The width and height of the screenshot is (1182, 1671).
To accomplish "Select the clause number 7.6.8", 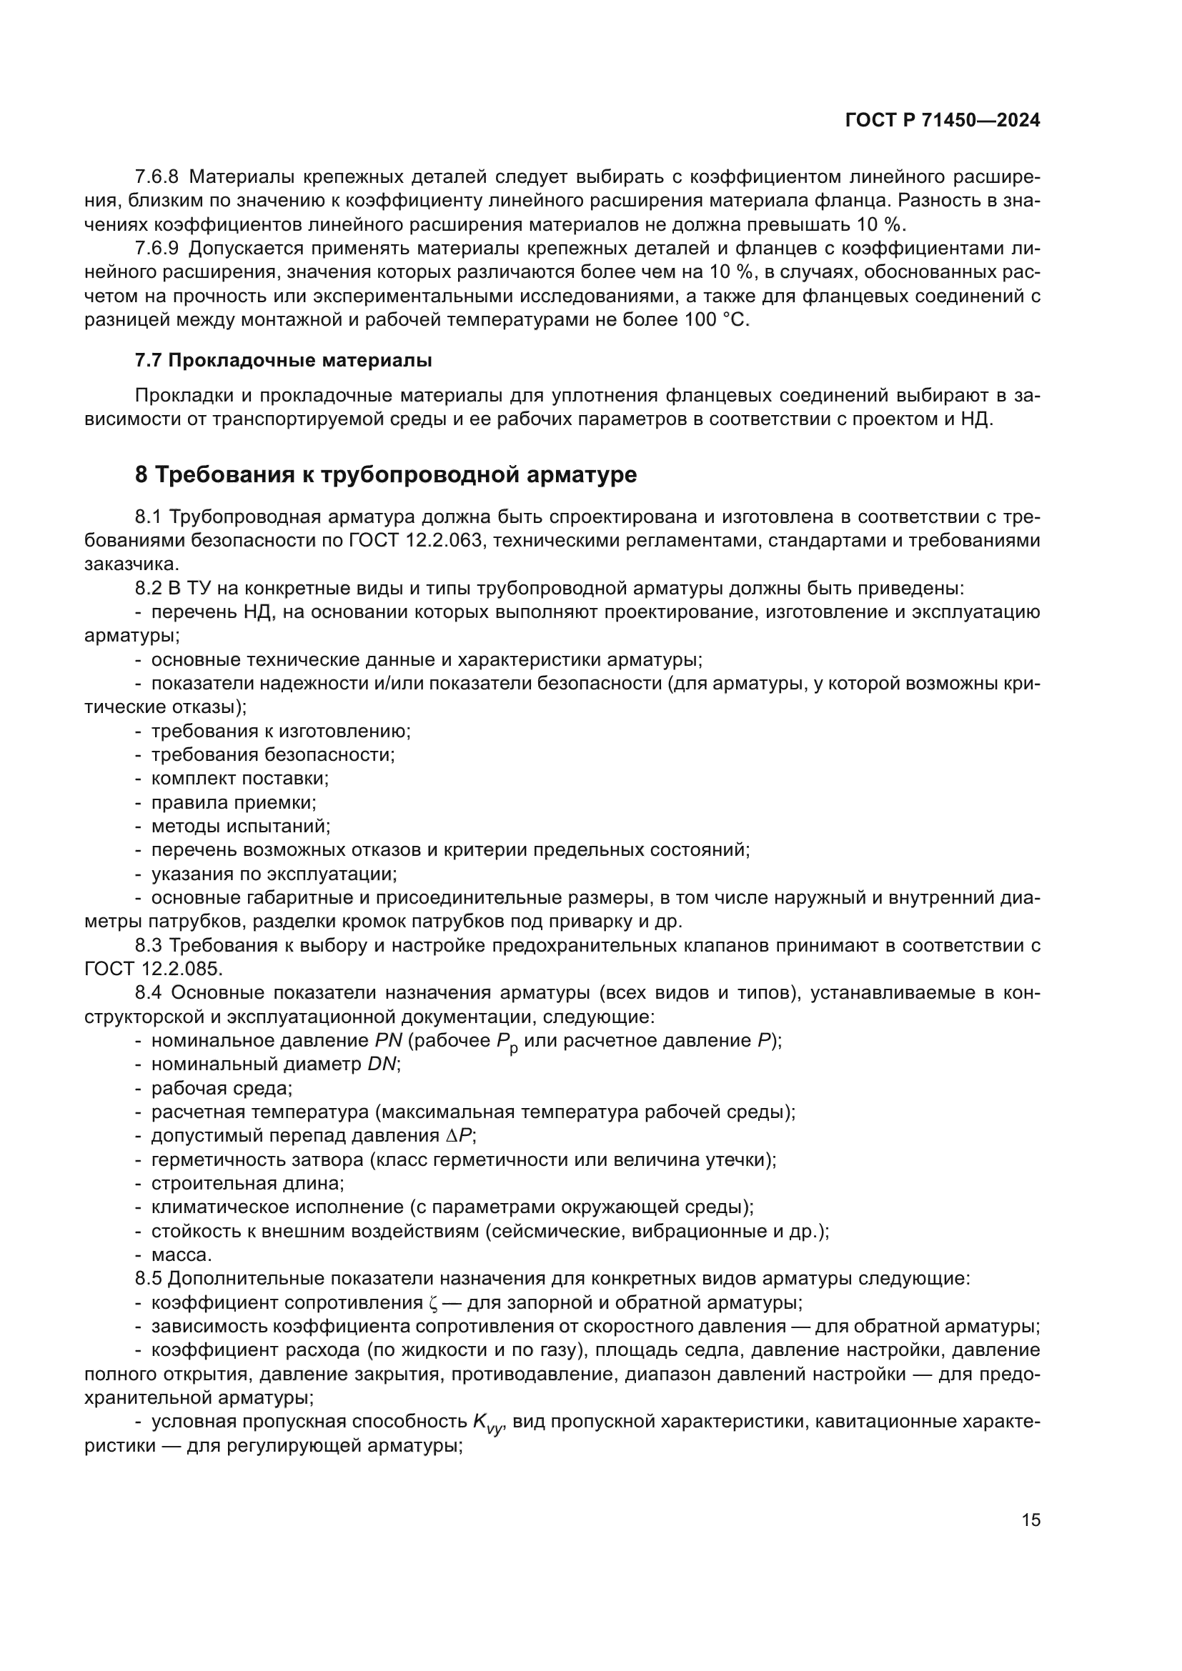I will pyautogui.click(x=157, y=177).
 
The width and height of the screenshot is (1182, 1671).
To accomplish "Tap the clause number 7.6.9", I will pyautogui.click(x=157, y=249).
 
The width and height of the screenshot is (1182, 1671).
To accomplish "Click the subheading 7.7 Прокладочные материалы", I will pyautogui.click(x=283, y=360).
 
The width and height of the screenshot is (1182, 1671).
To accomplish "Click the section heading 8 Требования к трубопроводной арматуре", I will pyautogui.click(x=386, y=474).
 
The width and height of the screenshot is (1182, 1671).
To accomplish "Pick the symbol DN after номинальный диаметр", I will pyautogui.click(x=382, y=1064).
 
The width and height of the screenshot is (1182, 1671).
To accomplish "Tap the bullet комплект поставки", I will pyautogui.click(x=239, y=779).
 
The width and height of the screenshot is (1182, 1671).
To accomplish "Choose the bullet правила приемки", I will pyautogui.click(x=233, y=803).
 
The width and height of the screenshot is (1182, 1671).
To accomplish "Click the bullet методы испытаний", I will pyautogui.click(x=240, y=827).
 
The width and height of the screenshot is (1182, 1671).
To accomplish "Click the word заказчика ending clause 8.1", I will pyautogui.click(x=130, y=564).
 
